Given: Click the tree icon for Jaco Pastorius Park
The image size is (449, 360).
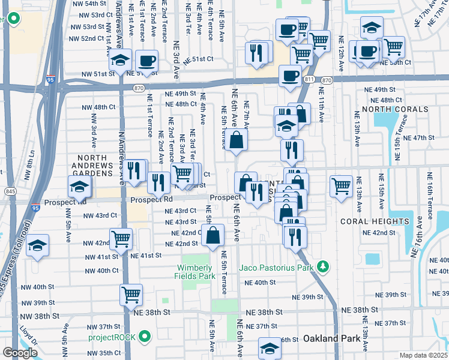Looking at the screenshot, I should (323, 266).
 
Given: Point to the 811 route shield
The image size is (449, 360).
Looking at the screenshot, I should (309, 79).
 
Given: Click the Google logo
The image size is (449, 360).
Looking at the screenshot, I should (20, 353).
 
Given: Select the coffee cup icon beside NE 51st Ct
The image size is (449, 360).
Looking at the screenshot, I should (146, 61).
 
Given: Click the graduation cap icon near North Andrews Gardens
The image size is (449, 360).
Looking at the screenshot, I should (79, 187).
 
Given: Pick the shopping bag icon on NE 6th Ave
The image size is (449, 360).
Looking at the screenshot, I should (237, 140).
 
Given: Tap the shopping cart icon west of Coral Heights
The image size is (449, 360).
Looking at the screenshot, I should (341, 185).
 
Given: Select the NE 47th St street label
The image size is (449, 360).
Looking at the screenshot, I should (419, 137).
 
